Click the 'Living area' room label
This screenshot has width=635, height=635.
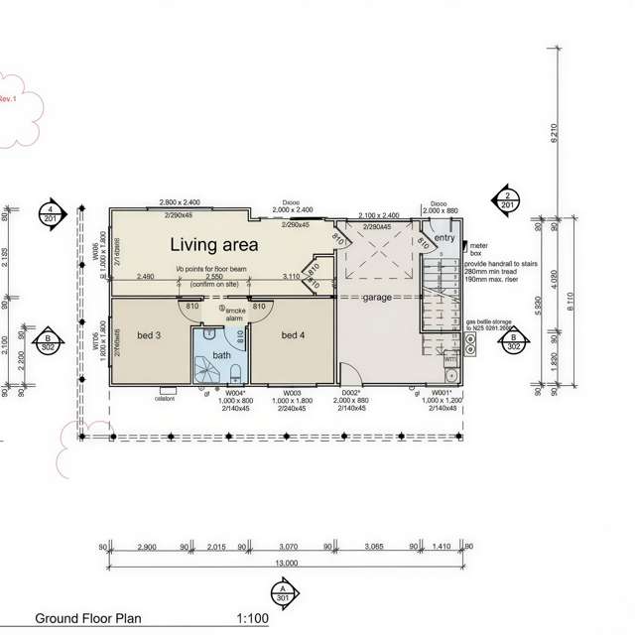point(213,244)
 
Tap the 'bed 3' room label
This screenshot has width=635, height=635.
point(149,335)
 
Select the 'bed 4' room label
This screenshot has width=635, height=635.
point(294,335)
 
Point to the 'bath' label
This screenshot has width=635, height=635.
point(221,354)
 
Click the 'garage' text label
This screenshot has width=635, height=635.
point(378,297)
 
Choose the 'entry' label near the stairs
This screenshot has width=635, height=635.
point(444,238)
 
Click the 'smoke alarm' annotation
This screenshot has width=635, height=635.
point(235,315)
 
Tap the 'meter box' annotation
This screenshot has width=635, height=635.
point(477,249)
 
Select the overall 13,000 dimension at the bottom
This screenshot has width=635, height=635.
point(286,564)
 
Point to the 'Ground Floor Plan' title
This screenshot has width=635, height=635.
point(88,618)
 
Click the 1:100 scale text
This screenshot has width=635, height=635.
point(253,618)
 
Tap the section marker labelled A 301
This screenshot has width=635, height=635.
point(284,593)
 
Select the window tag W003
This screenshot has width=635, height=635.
point(292,393)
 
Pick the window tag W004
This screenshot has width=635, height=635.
point(236,393)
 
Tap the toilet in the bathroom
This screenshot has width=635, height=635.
point(237,374)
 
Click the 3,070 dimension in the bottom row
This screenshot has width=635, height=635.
point(289,547)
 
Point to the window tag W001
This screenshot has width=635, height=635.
point(441,393)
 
